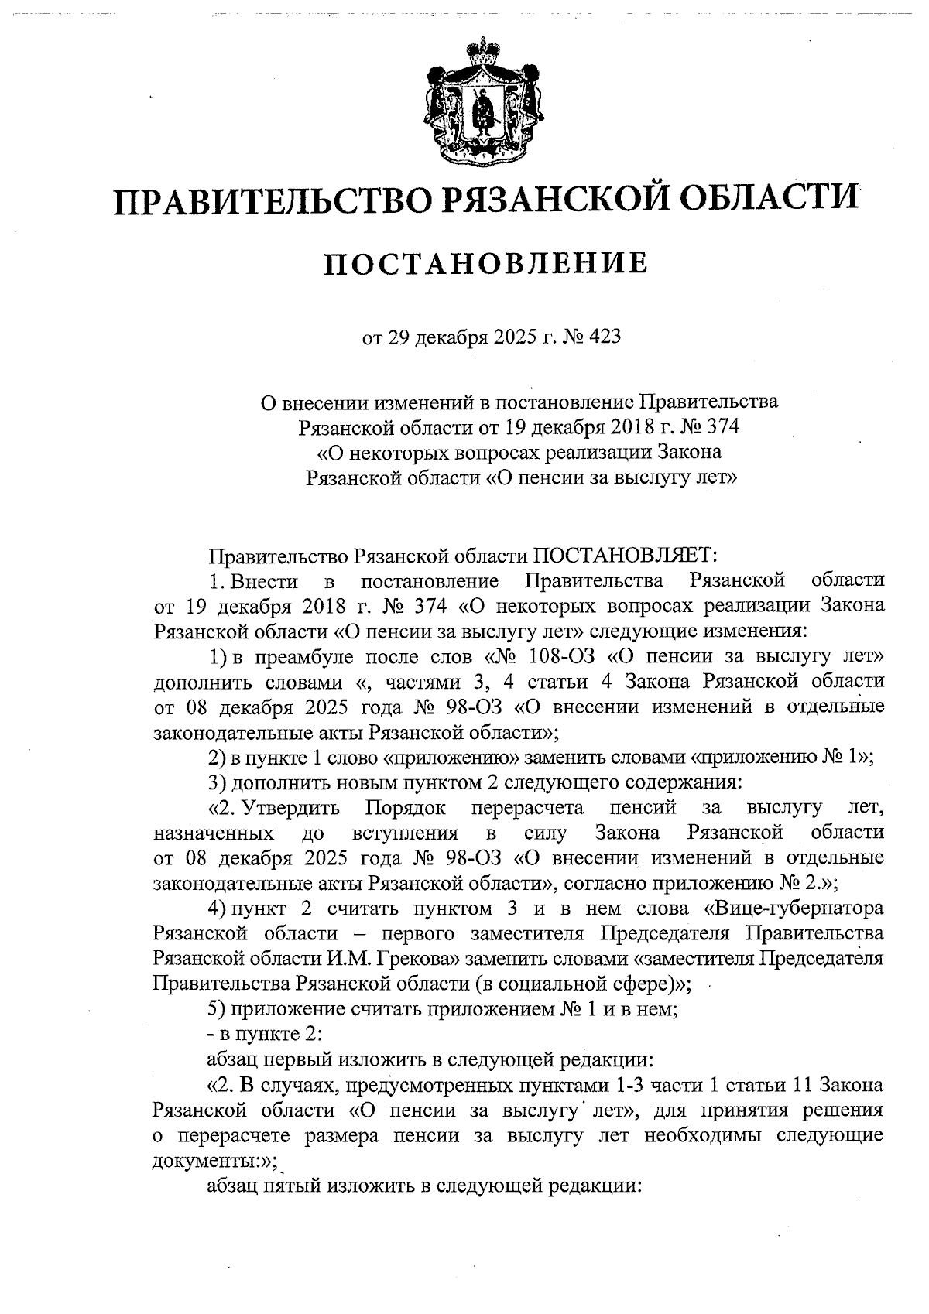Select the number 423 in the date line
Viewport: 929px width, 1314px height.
click(604, 337)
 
